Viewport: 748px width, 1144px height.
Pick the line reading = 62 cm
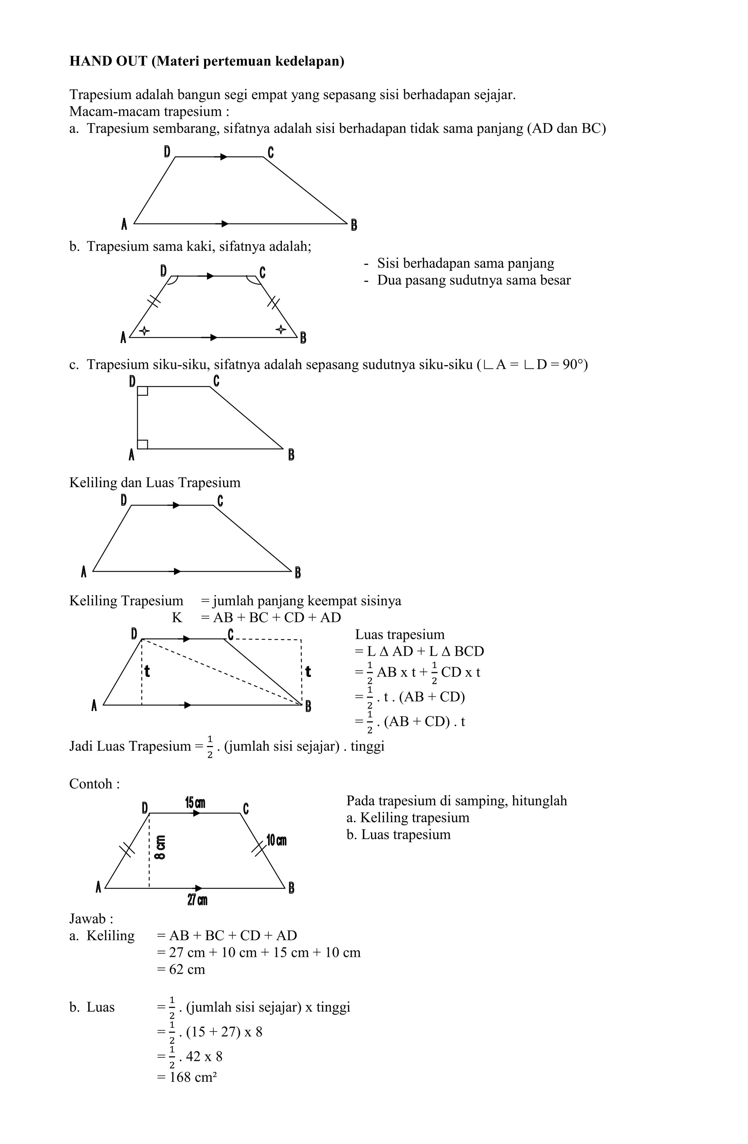(182, 969)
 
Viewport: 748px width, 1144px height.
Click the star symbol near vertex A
(144, 331)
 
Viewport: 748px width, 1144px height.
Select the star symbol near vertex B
(280, 329)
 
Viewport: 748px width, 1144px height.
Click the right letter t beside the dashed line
(308, 671)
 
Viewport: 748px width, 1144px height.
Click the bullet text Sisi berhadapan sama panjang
(465, 264)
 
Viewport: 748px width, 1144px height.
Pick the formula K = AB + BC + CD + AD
(256, 618)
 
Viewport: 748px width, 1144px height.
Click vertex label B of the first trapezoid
(354, 224)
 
